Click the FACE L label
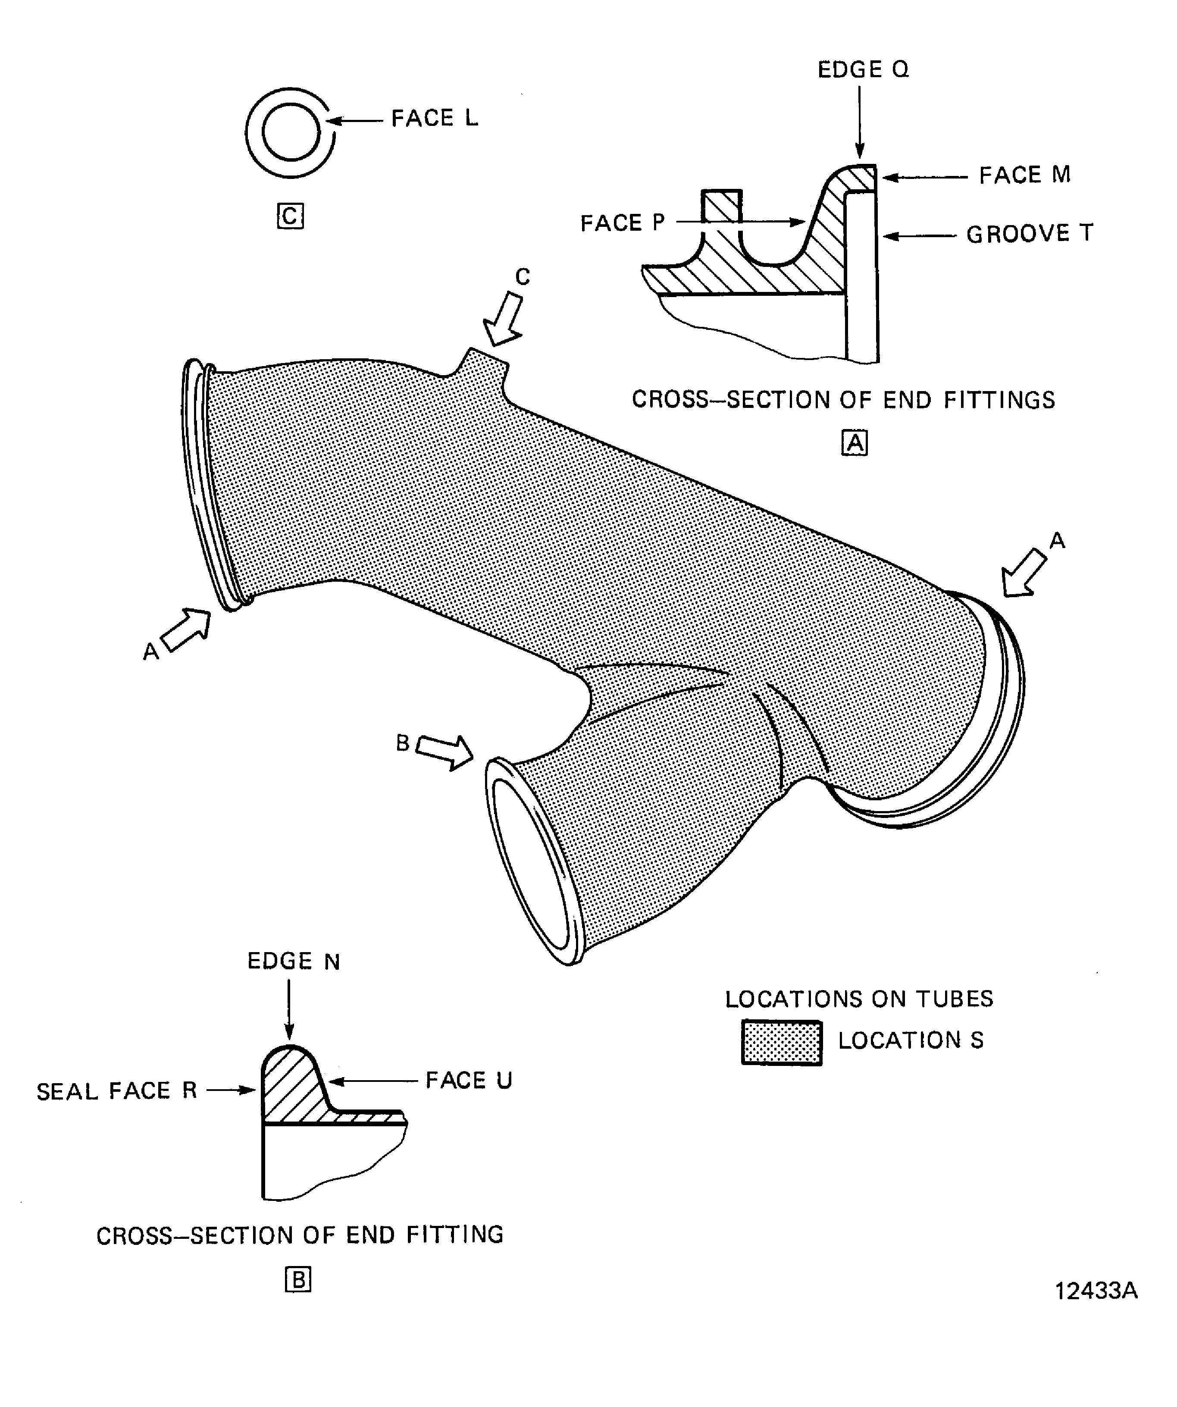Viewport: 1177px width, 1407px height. coord(434,119)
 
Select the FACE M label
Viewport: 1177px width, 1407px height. coord(1024,175)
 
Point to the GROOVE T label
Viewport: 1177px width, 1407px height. coord(1029,234)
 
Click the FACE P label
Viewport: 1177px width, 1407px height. coord(622,223)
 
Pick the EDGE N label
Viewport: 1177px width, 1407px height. coord(294,962)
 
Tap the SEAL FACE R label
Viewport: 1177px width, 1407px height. coord(116,1091)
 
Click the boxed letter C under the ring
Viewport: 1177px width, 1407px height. coord(290,216)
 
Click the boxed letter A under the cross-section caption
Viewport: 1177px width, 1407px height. coord(854,443)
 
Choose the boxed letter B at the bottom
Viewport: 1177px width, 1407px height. coord(298,1280)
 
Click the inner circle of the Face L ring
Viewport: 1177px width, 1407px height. coord(291,132)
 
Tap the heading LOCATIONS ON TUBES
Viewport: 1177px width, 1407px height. coord(859,999)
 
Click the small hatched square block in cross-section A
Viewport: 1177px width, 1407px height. coord(721,207)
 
